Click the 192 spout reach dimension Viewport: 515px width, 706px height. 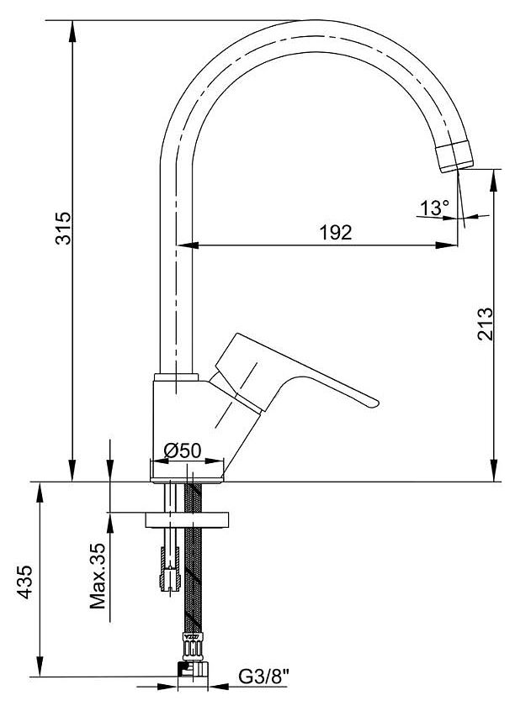[336, 233]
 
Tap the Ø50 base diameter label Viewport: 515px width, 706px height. [183, 450]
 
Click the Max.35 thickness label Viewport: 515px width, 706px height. [100, 575]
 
